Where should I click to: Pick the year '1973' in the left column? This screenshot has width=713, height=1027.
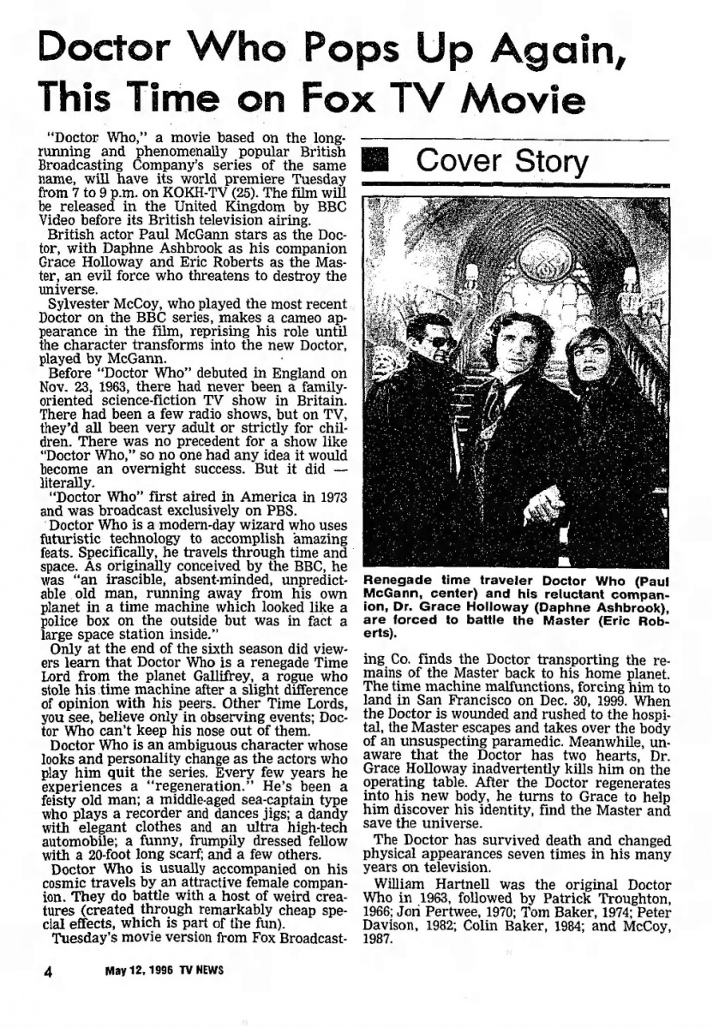coord(328,496)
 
